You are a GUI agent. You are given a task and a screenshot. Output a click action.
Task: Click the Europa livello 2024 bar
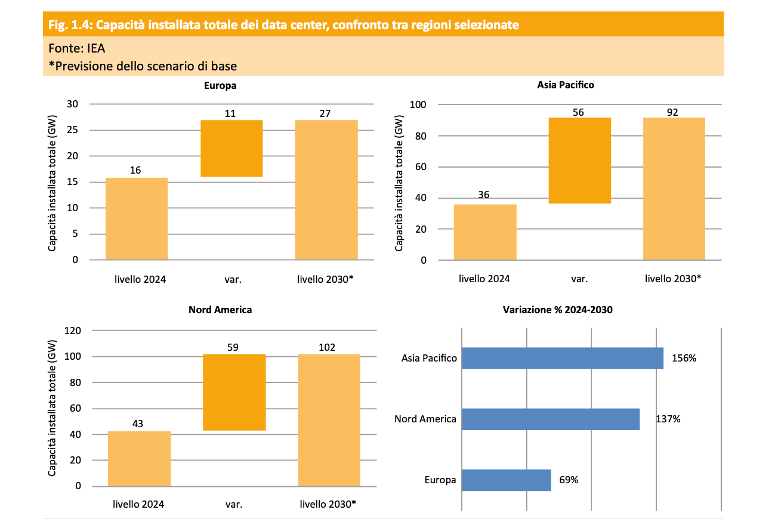click(x=137, y=219)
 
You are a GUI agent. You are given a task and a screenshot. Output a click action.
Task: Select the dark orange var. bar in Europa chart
click(x=231, y=149)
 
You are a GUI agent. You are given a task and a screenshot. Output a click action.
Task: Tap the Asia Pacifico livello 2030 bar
click(x=674, y=189)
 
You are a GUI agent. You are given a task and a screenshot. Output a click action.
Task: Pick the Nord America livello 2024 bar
click(x=139, y=459)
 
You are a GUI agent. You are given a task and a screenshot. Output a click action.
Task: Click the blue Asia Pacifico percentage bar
click(x=563, y=359)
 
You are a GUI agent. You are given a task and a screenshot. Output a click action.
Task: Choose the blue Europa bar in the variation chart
click(x=507, y=480)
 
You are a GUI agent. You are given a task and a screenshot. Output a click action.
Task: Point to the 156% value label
click(x=684, y=359)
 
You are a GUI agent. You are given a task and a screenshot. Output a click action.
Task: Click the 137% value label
click(x=668, y=419)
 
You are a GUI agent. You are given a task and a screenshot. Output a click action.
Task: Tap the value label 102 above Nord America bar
click(x=327, y=347)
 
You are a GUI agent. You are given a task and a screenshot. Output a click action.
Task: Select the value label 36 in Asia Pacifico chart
click(x=484, y=194)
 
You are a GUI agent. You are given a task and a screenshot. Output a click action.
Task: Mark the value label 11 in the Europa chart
click(x=231, y=112)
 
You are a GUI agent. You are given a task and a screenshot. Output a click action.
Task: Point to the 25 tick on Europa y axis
click(x=76, y=130)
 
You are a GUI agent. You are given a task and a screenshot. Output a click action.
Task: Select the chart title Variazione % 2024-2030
click(x=558, y=310)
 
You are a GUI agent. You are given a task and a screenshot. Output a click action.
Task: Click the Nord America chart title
click(x=220, y=310)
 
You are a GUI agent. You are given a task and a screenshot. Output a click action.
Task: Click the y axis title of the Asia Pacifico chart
click(x=399, y=183)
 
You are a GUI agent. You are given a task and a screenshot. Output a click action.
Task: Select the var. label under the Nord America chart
click(x=234, y=504)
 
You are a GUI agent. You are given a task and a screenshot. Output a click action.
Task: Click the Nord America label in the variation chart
click(x=425, y=419)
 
